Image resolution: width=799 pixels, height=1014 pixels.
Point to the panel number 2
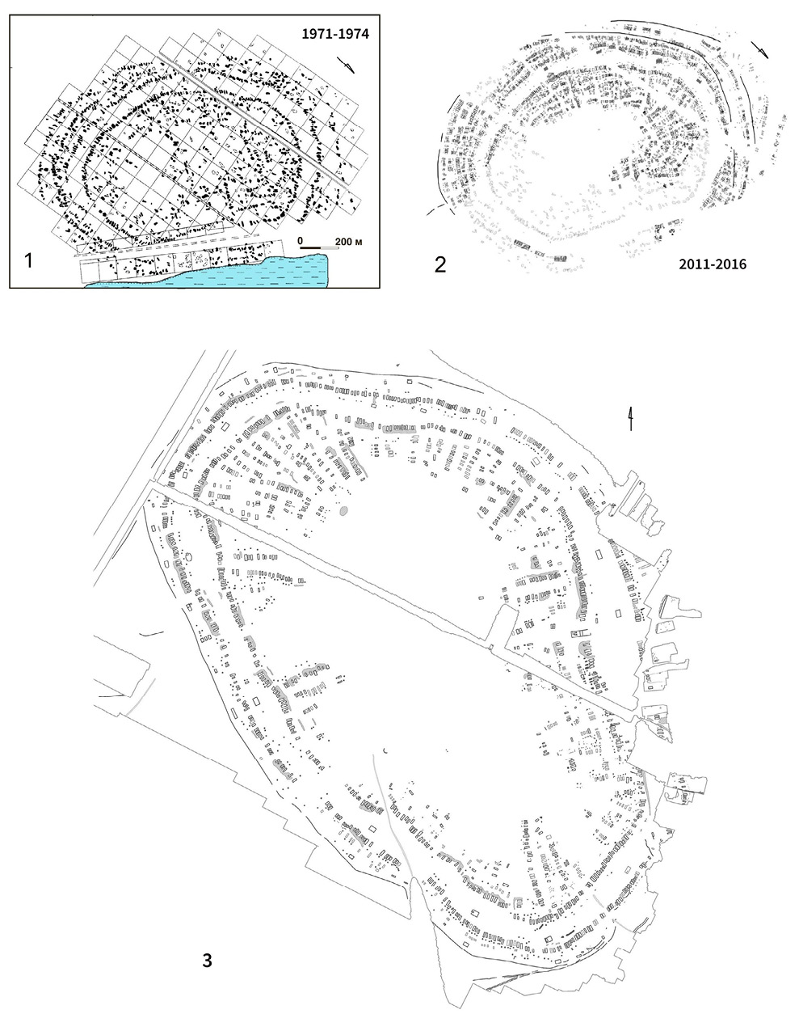440,264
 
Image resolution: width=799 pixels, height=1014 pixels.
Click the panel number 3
207,961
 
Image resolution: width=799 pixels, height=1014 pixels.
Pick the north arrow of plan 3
631,419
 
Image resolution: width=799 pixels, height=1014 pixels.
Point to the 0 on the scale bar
301,240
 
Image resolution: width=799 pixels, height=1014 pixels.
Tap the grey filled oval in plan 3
343,511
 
